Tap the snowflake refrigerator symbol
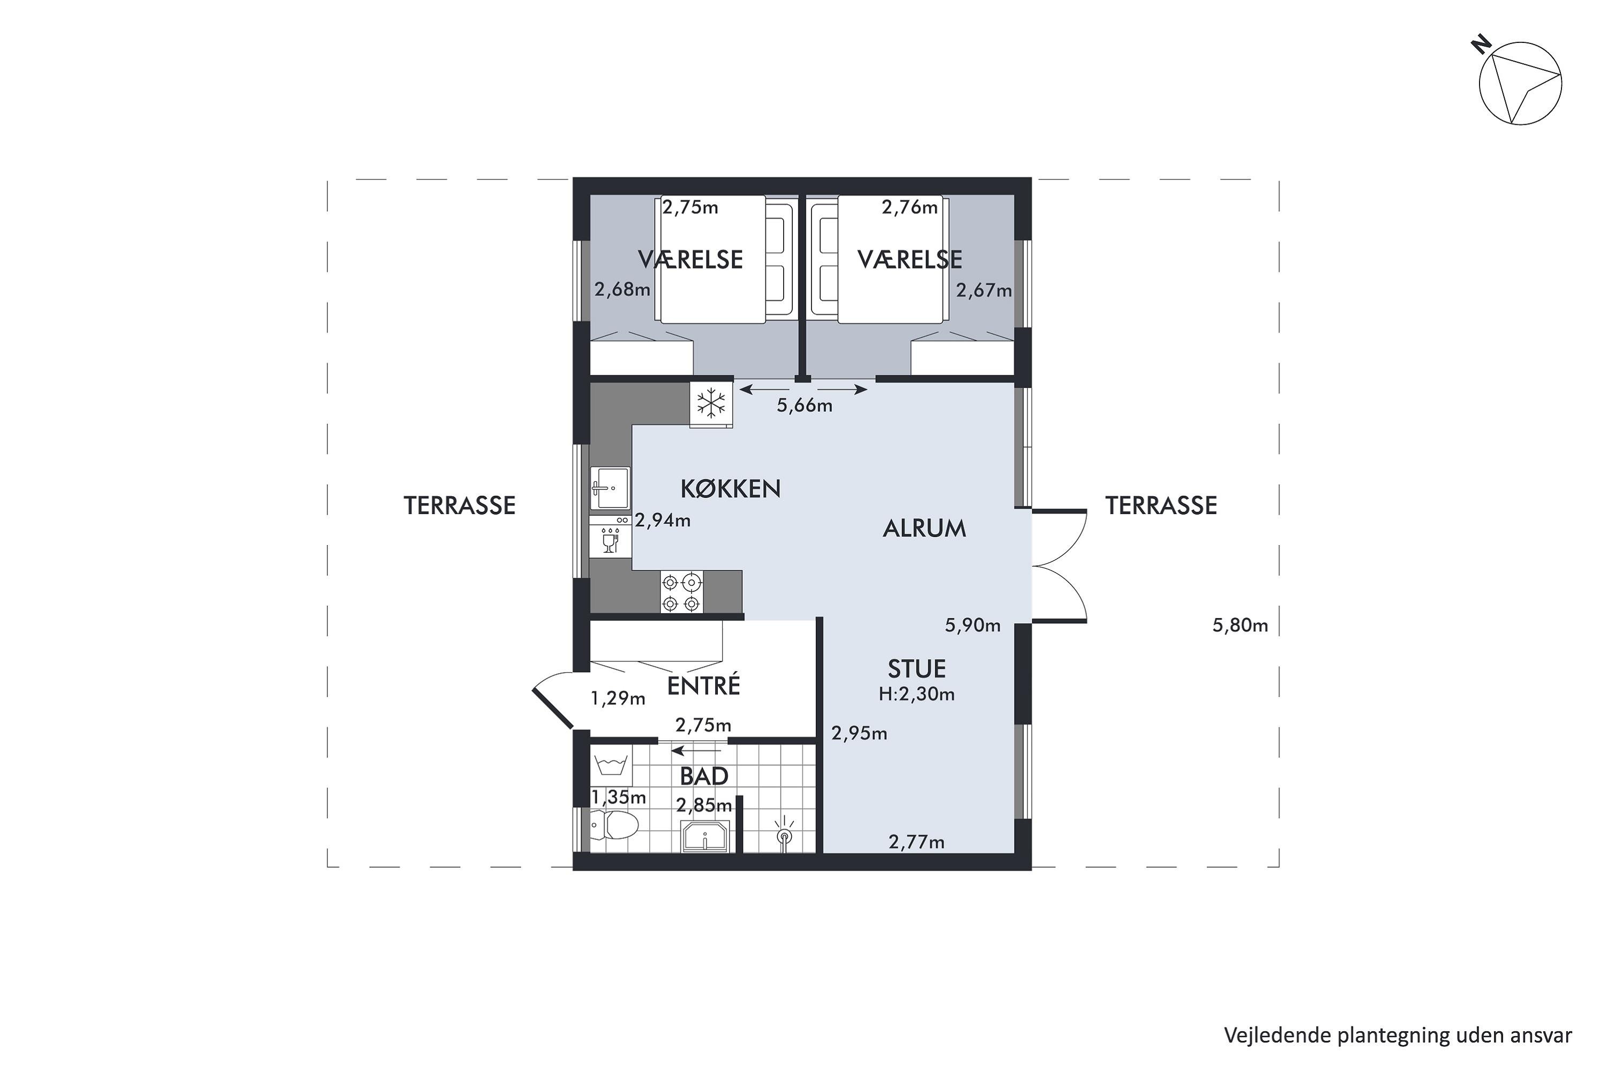click(x=711, y=404)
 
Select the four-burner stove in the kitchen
click(x=681, y=592)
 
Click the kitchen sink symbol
click(x=610, y=488)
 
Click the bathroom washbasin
click(x=705, y=836)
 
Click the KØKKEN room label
click(x=731, y=488)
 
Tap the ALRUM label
click(x=925, y=528)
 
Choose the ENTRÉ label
click(x=704, y=685)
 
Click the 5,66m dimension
click(x=805, y=405)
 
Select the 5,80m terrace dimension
click(x=1240, y=626)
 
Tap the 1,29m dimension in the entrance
click(x=618, y=698)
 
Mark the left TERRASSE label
click(x=459, y=506)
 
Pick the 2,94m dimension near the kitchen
click(x=663, y=521)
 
